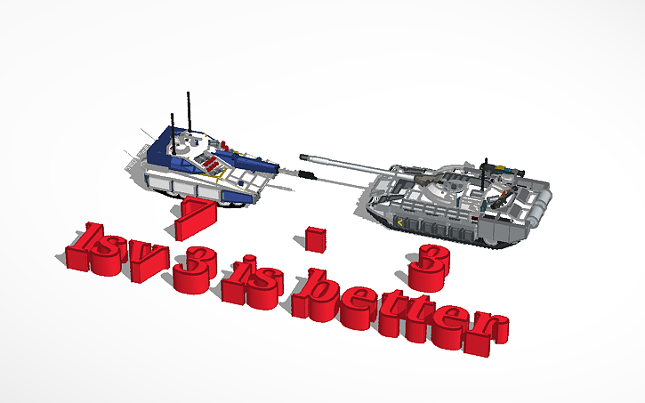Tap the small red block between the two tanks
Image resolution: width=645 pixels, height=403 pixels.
(313, 238)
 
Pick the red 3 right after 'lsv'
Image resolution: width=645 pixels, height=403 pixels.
(190, 272)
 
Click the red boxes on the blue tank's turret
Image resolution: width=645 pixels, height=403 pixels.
(210, 163)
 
